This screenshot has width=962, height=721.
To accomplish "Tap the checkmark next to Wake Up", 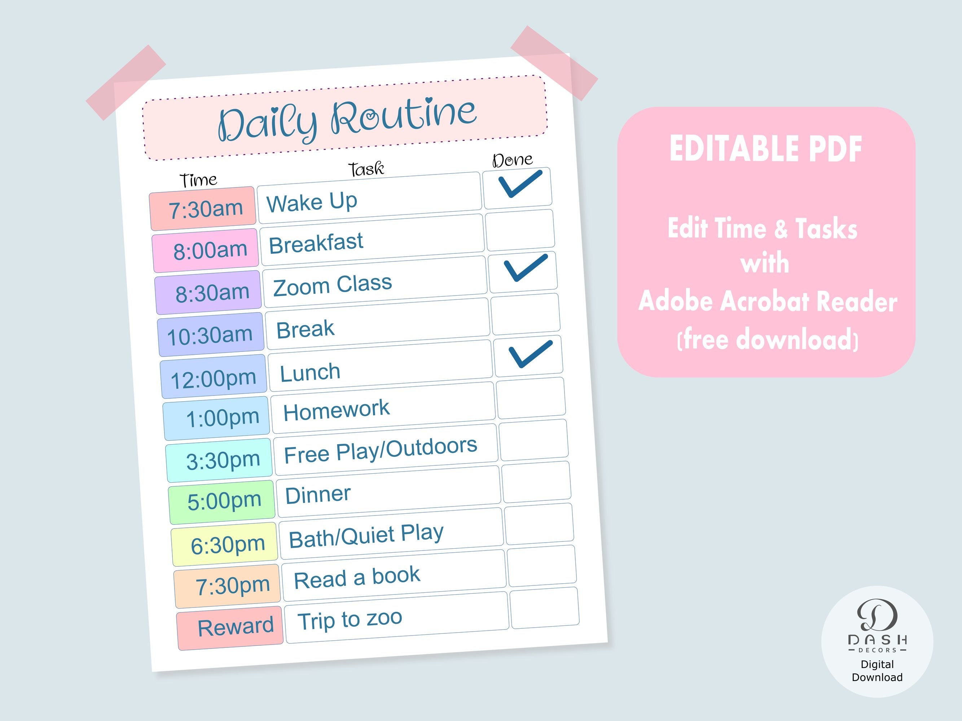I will coord(520,184).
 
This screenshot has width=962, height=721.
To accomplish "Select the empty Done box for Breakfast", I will coord(520,230).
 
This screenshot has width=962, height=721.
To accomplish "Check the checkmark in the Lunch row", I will coord(530,353).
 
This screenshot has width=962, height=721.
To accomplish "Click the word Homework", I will coord(336,410).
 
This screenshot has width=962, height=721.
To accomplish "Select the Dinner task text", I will coord(318,495).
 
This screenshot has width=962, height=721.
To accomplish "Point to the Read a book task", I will coord(357,578).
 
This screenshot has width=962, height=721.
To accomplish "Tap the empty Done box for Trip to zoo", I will coord(545,607).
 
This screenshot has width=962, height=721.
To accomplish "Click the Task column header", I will coord(366,169).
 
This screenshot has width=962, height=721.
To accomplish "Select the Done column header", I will coord(512,160).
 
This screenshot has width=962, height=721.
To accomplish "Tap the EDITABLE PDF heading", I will coord(765,149).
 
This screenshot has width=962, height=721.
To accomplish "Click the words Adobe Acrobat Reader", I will coord(768,301).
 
